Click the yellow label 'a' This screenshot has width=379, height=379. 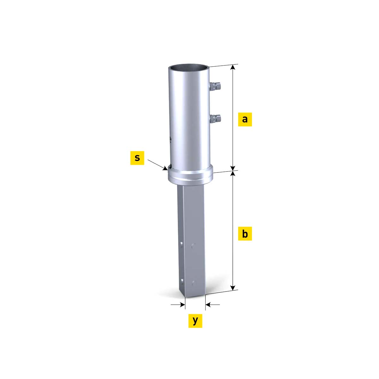[x=245, y=119]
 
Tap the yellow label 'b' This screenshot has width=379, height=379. [x=245, y=234]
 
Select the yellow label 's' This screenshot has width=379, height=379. [x=137, y=158]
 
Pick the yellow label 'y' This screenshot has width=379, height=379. [x=195, y=321]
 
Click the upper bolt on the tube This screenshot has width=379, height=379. [x=215, y=86]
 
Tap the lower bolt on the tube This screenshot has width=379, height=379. [x=215, y=119]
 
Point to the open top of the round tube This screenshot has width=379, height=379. [x=189, y=68]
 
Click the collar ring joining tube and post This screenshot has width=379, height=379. [x=190, y=176]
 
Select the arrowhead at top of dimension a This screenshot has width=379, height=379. [x=233, y=67]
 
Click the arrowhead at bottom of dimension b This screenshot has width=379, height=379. [x=233, y=288]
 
